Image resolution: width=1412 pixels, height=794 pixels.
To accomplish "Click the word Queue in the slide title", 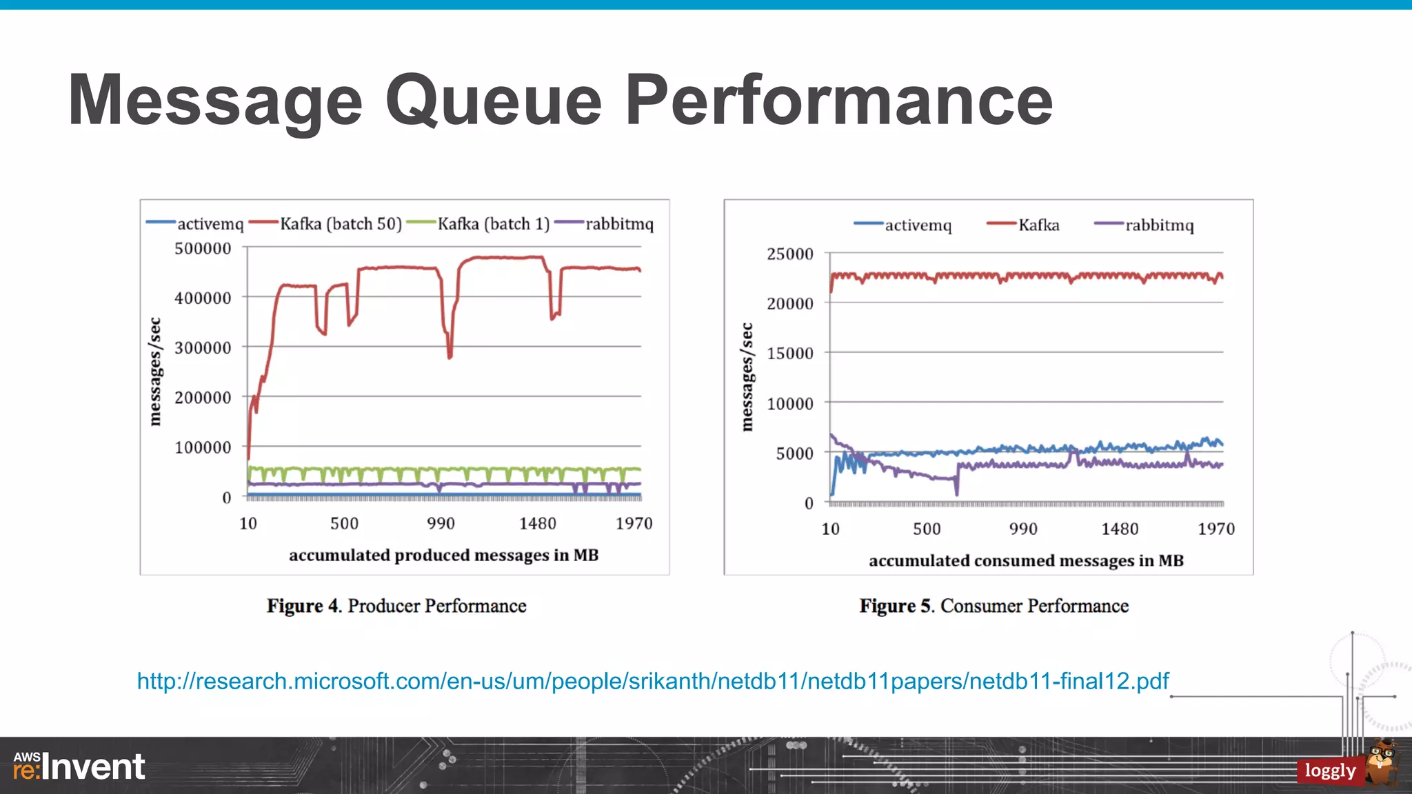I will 494,101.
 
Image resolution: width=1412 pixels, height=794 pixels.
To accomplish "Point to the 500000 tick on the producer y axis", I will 203,248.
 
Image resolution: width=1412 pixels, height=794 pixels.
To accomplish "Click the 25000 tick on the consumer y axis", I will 790,254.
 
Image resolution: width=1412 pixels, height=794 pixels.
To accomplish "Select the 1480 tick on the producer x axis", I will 537,524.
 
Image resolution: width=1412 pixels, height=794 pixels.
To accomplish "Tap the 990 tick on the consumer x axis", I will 1023,529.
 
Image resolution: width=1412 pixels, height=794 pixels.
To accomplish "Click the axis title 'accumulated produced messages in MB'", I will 443,556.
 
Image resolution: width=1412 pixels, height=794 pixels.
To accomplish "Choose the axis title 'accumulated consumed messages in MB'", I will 1026,561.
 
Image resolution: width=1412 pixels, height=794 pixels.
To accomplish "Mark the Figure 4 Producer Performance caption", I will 396,606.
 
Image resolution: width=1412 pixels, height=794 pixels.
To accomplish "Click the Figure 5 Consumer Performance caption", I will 994,606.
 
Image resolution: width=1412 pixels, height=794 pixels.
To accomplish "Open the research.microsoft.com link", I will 652,681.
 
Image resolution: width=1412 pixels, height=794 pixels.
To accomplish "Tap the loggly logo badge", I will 1330,771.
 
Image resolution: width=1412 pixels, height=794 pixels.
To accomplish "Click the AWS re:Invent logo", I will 79,766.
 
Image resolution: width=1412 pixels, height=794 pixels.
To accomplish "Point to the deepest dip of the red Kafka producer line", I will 450,357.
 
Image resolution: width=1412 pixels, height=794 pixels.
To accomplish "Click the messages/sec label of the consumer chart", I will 747,377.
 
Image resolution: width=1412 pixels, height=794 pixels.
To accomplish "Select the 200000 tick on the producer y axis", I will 203,398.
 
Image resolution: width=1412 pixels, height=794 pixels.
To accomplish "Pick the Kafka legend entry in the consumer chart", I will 1038,225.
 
